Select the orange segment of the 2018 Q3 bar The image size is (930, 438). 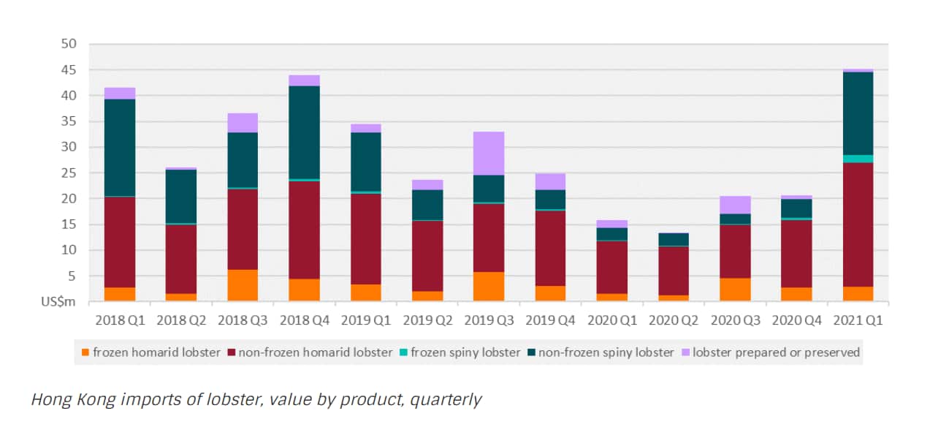pyautogui.click(x=243, y=285)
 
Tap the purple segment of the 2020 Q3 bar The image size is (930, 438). pyautogui.click(x=735, y=205)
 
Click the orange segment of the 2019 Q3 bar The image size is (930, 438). pyautogui.click(x=488, y=287)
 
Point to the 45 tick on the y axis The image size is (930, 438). pyautogui.click(x=69, y=70)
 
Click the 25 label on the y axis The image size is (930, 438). pyautogui.click(x=69, y=173)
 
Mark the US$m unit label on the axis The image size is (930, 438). pyautogui.click(x=61, y=302)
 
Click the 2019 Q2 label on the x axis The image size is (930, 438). pyautogui.click(x=427, y=320)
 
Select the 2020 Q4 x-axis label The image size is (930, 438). pyautogui.click(x=796, y=320)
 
